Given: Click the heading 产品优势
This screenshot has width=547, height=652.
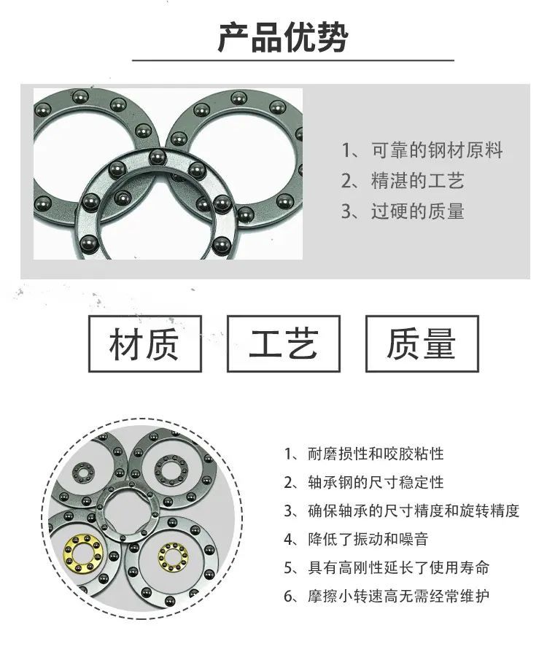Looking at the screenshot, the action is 283,38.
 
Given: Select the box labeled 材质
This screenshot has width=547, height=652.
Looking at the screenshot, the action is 144,344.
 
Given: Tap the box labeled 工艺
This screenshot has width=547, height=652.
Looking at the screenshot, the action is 283,344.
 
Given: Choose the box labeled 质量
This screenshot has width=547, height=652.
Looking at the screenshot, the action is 422,344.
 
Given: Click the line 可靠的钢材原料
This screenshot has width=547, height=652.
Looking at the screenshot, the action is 437,150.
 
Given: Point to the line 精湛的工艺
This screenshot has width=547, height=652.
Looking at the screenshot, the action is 417,181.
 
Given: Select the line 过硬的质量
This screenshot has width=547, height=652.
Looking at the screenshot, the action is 417,211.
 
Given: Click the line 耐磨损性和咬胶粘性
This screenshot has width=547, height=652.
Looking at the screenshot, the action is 376,454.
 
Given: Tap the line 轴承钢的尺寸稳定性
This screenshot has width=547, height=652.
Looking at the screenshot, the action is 376,482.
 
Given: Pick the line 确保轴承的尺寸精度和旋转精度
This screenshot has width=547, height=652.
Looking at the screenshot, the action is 414,511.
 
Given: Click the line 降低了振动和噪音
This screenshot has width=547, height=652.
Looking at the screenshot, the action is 368,539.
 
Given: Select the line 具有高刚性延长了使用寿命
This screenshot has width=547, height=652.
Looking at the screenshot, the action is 398,567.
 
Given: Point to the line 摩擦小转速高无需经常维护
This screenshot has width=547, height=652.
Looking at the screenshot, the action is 398,597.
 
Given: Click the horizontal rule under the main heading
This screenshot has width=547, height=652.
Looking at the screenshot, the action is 293,61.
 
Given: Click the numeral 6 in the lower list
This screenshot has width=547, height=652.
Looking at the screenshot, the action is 289,597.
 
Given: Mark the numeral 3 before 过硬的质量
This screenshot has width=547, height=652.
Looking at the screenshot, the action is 346,211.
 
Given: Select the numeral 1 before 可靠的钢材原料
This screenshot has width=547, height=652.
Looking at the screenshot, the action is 346,150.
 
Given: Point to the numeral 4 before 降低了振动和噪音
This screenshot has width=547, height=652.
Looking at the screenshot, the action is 289,540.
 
